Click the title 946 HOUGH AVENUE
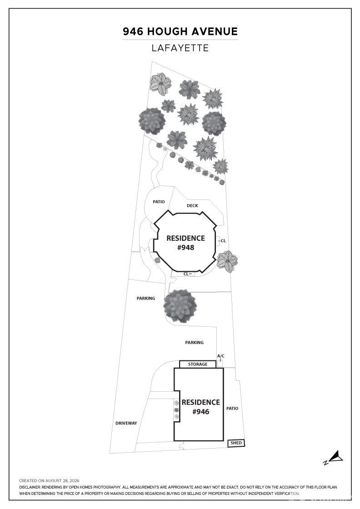[180, 31]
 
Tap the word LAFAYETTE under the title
[180, 48]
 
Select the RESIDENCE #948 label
[185, 243]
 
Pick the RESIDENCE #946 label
[200, 407]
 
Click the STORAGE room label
[198, 364]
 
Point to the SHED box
[236, 443]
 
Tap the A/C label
[221, 356]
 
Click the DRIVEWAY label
[126, 423]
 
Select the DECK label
[192, 205]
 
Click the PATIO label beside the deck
[159, 202]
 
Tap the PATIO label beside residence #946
[232, 409]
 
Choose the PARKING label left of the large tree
[146, 298]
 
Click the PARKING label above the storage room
[195, 342]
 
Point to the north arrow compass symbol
[333, 458]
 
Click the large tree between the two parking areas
[180, 306]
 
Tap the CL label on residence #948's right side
[223, 241]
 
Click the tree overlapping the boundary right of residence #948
[227, 261]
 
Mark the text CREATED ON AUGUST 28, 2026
[49, 480]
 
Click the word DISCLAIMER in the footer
[30, 487]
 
